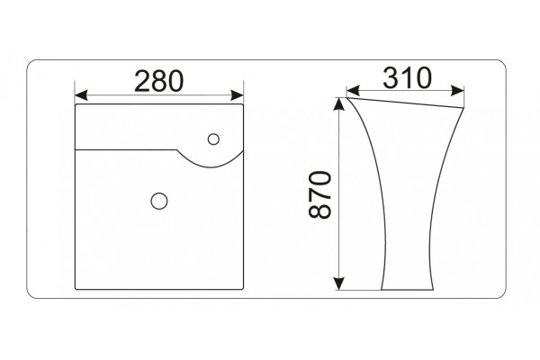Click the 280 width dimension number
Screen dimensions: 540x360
158,81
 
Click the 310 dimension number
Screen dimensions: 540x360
407,78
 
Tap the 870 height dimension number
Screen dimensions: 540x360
319,194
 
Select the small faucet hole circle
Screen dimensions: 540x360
213,139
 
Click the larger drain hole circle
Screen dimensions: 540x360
159,201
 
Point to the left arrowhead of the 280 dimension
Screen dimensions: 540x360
81,95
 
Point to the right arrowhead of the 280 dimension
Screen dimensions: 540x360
237,95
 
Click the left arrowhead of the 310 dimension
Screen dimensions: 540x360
353,91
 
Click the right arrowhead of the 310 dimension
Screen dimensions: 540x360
457,91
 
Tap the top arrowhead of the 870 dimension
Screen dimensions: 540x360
339,104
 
